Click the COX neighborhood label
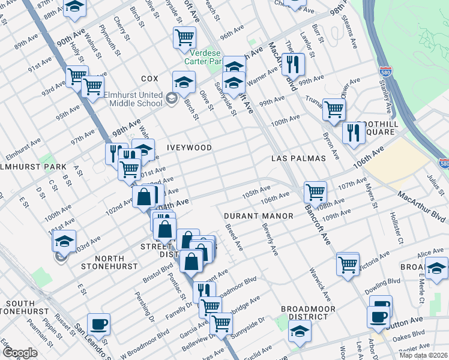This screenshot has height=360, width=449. pos(149,79)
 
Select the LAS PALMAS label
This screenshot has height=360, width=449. pos(298,158)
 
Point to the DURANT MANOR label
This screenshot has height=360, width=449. pos(259,215)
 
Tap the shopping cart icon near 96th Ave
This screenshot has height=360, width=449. pos(184,37)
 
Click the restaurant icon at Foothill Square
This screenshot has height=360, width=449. pos(354,133)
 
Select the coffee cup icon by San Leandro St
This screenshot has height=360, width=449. pos(99,324)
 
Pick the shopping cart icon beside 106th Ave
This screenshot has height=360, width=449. pos(315,192)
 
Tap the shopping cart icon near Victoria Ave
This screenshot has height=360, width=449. pos(348,263)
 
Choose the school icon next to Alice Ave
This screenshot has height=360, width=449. pos(437,268)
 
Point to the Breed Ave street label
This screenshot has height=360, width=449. pos(234,238)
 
